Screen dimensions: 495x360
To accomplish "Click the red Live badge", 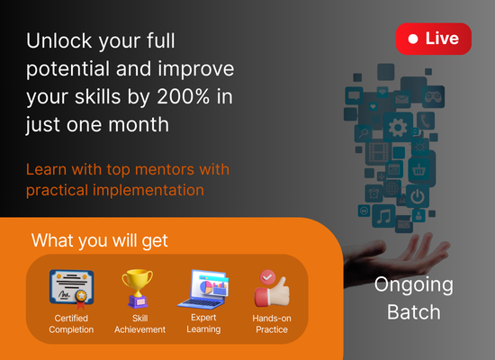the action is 434,39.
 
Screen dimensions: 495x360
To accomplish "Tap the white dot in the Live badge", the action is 413,39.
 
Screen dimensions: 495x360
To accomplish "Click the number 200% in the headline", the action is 183,96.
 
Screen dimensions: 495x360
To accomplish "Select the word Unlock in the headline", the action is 59,40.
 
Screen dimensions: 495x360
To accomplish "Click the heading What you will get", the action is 99,241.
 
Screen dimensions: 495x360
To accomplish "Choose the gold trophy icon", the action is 138,288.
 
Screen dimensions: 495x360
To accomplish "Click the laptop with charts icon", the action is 203,289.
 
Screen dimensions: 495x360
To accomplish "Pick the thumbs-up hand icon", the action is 272,288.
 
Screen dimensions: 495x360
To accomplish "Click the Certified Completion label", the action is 71,324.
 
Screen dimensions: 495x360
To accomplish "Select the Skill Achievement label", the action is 139,324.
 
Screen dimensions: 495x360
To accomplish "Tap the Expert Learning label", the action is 203,323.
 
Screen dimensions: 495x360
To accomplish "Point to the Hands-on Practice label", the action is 272,324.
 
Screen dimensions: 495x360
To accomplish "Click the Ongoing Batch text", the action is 414,298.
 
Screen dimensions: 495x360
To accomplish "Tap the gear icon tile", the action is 398,127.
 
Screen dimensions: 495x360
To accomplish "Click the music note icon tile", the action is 383,216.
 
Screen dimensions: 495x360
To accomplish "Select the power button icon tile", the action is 418,196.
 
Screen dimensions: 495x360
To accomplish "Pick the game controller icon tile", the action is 433,96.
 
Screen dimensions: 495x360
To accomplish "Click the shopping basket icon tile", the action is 418,170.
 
